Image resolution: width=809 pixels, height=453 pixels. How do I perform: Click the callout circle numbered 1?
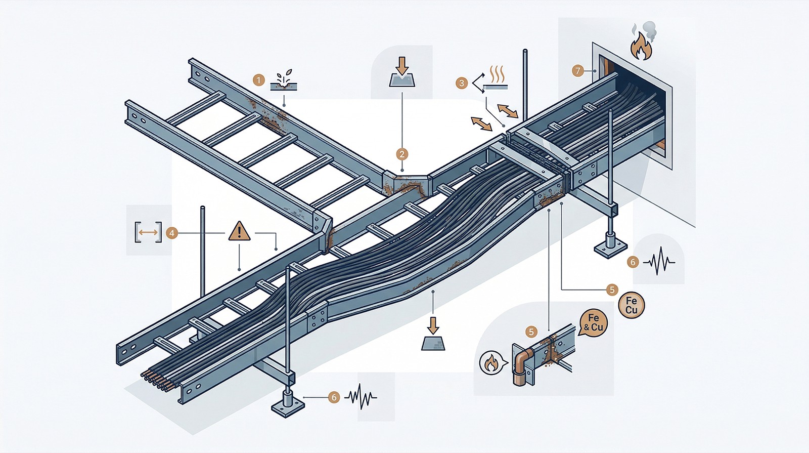[259, 80]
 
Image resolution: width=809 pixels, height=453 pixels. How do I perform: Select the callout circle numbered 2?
[402, 154]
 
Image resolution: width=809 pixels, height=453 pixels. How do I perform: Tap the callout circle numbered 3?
[461, 83]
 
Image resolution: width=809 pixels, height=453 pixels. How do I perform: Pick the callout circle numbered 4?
[172, 233]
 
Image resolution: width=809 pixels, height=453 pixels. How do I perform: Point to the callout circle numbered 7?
[578, 71]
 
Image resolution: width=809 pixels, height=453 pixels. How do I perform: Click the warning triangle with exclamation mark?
[239, 231]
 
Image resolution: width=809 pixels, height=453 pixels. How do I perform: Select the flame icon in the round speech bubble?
[490, 363]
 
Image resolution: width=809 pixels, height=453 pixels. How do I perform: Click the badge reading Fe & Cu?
[594, 322]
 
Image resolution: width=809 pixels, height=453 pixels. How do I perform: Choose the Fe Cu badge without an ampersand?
[632, 305]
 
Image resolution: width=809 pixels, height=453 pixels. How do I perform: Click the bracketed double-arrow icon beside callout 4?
[148, 232]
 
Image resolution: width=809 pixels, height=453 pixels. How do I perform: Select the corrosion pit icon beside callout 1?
[284, 82]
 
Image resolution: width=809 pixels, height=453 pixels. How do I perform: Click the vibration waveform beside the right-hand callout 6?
[661, 262]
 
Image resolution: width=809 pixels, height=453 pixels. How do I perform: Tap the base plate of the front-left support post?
[287, 405]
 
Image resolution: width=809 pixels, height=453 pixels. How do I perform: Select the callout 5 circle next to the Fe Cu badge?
[612, 290]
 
